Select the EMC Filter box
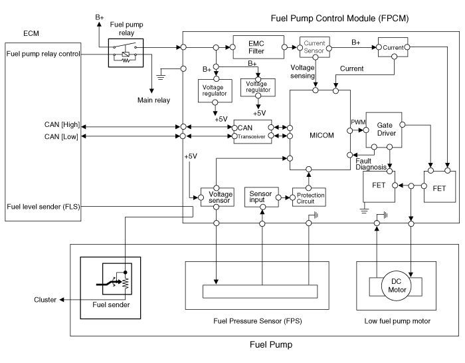click(x=256, y=47)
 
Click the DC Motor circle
click(x=396, y=285)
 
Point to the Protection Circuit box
click(x=307, y=197)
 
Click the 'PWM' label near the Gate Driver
click(x=357, y=122)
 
